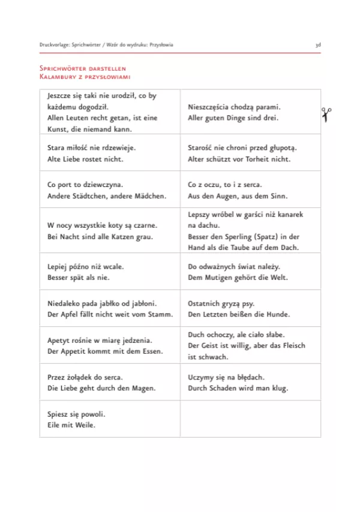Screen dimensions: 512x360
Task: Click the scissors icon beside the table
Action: point(326,113)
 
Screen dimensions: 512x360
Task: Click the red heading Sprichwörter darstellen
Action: point(83,70)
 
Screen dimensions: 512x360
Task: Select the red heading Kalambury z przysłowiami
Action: point(85,77)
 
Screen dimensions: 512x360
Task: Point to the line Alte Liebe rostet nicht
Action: point(85,159)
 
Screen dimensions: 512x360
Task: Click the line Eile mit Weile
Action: point(71,425)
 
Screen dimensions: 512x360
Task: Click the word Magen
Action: point(143,388)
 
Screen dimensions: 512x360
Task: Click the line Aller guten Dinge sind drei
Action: point(233,118)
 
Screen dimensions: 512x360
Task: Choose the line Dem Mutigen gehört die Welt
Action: point(238,278)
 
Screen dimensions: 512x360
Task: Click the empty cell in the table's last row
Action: point(250,419)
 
